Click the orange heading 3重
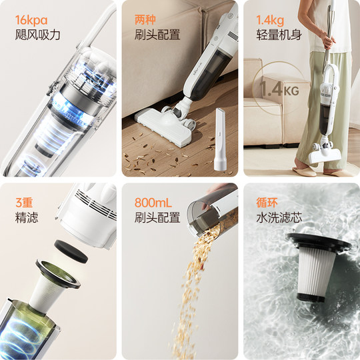click(25, 202)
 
